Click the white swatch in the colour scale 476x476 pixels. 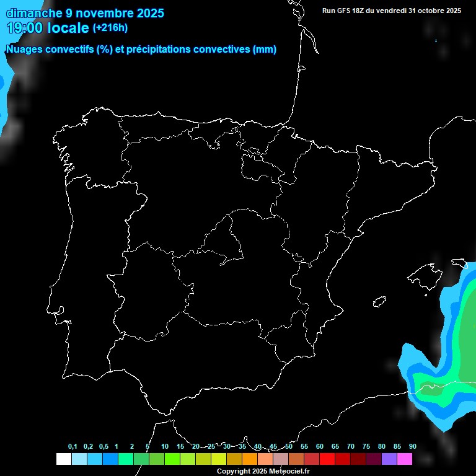63,459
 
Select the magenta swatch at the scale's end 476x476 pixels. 405,459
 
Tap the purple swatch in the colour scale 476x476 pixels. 389,459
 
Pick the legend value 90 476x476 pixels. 412,446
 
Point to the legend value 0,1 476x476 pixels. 73,446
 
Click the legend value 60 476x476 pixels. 320,446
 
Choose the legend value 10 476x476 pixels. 165,446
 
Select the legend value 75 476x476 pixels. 366,446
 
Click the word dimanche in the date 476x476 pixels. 34,12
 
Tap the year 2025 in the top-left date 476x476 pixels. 146,12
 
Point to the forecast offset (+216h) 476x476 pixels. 110,28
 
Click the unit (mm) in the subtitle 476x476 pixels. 265,50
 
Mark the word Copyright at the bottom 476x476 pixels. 234,471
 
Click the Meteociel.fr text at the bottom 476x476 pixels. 289,471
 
